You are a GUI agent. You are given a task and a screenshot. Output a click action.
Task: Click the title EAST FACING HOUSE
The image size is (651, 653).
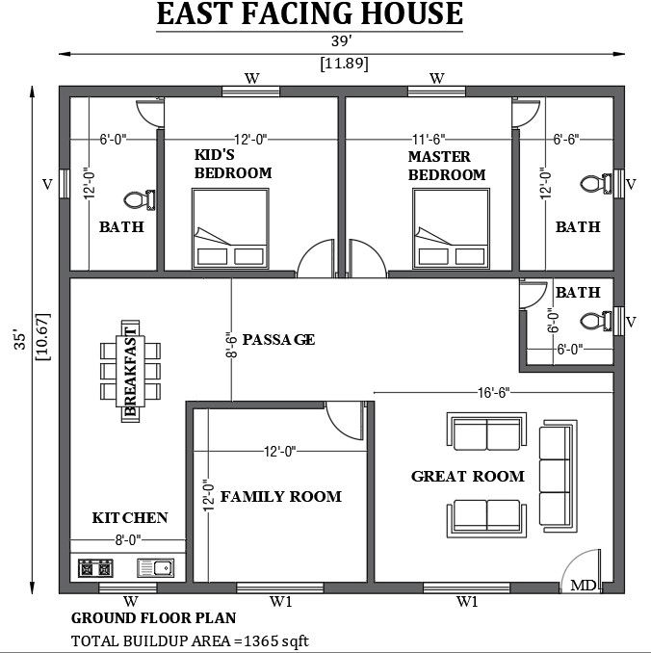coord(309,15)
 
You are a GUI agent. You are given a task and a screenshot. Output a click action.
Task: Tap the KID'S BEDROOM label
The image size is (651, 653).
coord(232,164)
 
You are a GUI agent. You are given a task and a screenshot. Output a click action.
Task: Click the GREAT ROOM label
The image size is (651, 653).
coord(467,476)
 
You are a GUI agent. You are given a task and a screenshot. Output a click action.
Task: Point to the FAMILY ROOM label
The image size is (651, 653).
coord(280,496)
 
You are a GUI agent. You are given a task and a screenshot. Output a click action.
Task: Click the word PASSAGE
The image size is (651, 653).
coord(278,339)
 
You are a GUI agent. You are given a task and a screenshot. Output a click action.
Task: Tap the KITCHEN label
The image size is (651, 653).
coord(130,517)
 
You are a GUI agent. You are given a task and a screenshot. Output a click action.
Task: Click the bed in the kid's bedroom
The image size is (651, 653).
coord(230,228)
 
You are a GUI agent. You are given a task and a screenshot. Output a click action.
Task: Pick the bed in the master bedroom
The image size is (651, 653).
coord(449,228)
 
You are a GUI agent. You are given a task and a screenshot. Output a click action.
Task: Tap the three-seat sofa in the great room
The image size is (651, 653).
coord(556,476)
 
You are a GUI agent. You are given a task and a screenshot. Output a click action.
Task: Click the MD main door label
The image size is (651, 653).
coord(583,585)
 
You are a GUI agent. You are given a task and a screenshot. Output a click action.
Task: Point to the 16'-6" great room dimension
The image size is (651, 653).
coord(492,392)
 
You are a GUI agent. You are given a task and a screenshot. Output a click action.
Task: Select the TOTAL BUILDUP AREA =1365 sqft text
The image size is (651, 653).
coord(190,640)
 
